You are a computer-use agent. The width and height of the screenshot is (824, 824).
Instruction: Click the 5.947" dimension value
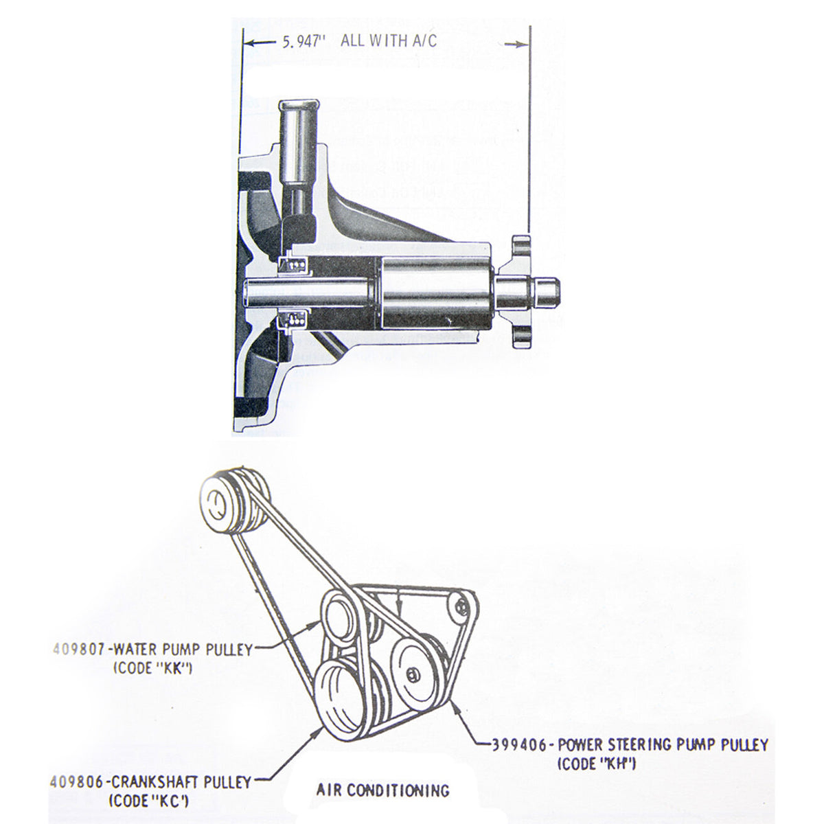[x=302, y=42]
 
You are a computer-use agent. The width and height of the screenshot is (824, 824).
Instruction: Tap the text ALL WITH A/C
[x=388, y=41]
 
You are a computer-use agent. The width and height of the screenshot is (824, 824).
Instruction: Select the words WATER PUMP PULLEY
[x=184, y=648]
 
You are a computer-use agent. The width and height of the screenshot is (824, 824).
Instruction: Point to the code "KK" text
[x=152, y=666]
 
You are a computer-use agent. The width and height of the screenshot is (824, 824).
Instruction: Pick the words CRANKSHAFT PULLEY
[x=181, y=781]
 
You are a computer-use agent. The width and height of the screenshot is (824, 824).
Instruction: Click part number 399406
[x=519, y=744]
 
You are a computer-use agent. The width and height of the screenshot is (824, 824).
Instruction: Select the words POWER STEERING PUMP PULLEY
[x=663, y=744]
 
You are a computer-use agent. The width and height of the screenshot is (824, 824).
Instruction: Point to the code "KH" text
[x=595, y=763]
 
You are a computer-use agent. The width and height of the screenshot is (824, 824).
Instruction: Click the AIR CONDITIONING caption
[x=382, y=790]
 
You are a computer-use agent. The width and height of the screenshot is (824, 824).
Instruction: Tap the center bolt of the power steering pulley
[x=411, y=672]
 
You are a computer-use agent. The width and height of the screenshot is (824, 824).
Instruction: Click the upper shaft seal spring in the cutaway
[x=295, y=265]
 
